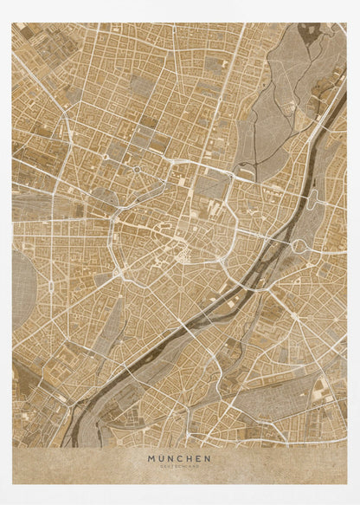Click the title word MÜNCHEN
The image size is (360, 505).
point(179,458)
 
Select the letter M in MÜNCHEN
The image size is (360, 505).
point(151,458)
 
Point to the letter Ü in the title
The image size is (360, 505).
point(160,458)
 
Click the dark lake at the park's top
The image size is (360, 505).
point(309,33)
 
